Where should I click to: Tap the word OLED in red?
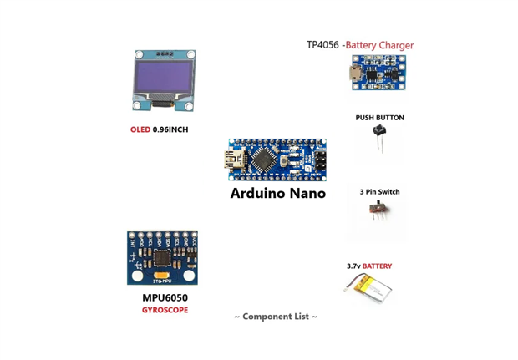(x=140, y=130)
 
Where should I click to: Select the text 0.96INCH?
(x=170, y=130)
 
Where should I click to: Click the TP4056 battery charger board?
(x=378, y=73)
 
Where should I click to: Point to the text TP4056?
(x=322, y=45)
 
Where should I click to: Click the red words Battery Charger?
(x=380, y=45)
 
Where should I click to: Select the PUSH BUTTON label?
(x=379, y=118)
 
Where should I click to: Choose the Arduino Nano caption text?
(x=277, y=194)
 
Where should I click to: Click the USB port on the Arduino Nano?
(x=236, y=159)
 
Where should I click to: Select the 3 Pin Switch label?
(x=379, y=192)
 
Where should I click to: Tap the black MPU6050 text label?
(x=165, y=297)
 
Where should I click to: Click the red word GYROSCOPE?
(x=165, y=310)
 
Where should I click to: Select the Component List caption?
(x=275, y=317)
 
